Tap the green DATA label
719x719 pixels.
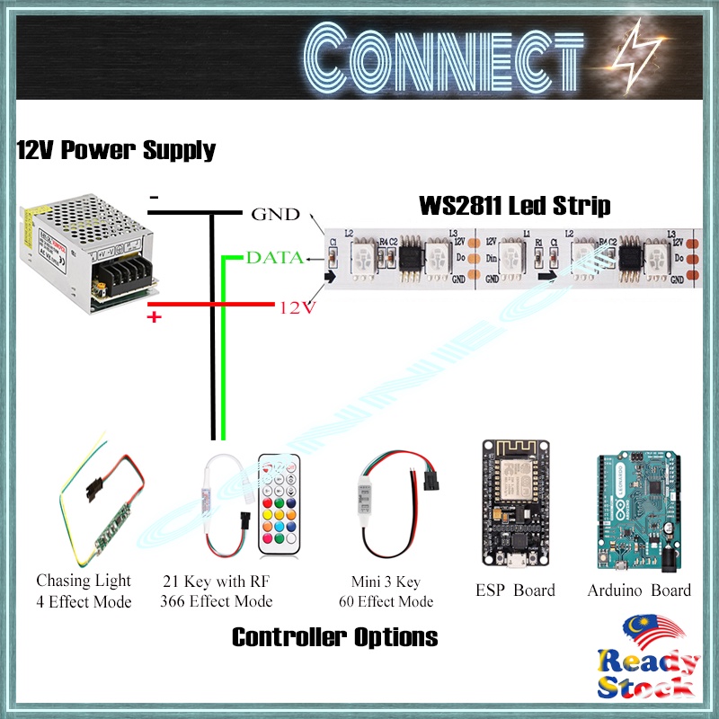click(x=274, y=258)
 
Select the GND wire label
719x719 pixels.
click(x=274, y=215)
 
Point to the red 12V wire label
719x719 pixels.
click(x=297, y=307)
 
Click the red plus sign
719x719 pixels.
click(x=154, y=317)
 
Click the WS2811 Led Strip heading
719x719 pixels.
click(x=515, y=206)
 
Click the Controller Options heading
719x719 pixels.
click(x=334, y=637)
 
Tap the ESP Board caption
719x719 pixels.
click(x=515, y=590)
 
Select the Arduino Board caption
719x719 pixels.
click(x=639, y=590)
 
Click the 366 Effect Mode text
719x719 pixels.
click(x=216, y=601)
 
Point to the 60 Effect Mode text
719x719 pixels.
click(x=386, y=602)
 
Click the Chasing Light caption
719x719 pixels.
click(x=84, y=581)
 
